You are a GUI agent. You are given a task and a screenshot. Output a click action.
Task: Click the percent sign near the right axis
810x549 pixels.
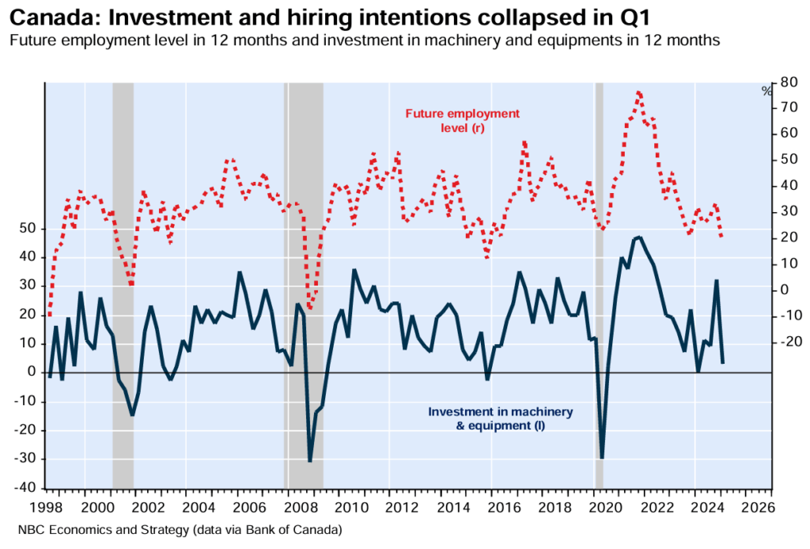pos(766,92)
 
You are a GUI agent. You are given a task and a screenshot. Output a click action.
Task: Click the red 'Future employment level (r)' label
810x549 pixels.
pos(462,121)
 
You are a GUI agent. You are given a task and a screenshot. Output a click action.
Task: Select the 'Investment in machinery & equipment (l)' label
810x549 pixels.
pos(500,418)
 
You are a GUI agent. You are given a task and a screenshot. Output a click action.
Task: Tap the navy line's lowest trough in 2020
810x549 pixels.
pos(602,458)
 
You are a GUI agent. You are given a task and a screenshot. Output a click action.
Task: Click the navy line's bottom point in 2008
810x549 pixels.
pos(310,461)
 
